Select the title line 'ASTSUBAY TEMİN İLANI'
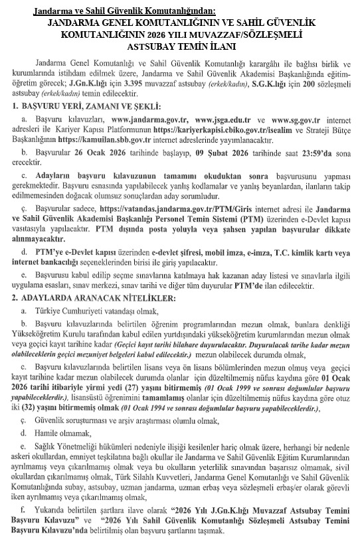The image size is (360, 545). tap(180, 47)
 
